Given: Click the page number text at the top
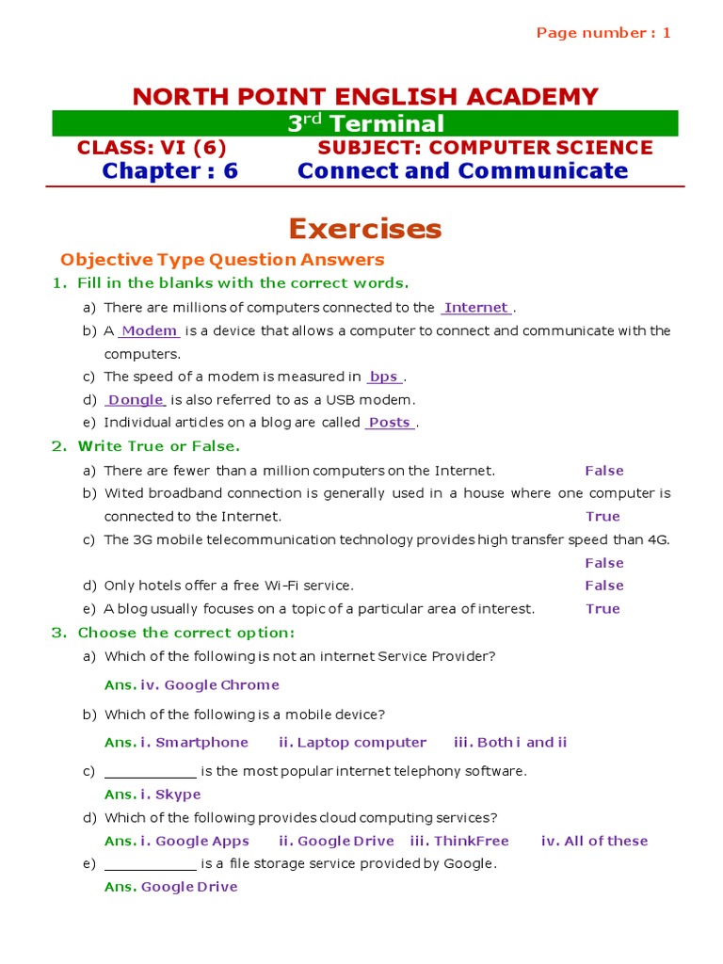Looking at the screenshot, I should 603,33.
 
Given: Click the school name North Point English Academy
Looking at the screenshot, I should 365,96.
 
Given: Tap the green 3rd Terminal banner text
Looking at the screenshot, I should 365,123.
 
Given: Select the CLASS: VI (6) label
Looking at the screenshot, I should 152,148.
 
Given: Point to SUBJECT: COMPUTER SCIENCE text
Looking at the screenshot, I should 485,148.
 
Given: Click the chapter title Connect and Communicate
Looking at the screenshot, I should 462,170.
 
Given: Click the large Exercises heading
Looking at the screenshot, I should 364,229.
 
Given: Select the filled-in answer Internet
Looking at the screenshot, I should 476,308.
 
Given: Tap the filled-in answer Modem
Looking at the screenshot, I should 150,330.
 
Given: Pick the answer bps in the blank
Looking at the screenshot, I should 384,377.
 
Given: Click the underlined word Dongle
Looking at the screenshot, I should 137,400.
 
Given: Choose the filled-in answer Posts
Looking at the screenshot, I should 389,423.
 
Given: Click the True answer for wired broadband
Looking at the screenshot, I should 602,516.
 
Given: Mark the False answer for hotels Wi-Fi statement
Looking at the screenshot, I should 603,586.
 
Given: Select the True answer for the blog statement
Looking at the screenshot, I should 602,609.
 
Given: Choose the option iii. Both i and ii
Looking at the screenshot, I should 510,743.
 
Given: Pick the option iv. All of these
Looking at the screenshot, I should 594,842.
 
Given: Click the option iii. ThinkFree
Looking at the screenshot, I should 459,842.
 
